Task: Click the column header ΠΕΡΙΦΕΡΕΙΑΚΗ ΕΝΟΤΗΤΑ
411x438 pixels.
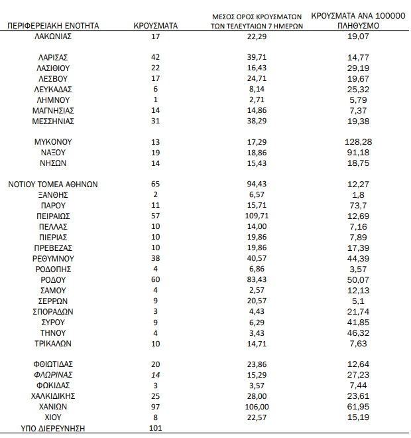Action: pos(53,26)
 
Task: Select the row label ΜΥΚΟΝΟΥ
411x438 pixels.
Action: pos(53,141)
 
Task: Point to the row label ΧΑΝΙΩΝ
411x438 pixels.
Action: pos(53,406)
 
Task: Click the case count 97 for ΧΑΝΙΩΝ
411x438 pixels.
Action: pos(155,406)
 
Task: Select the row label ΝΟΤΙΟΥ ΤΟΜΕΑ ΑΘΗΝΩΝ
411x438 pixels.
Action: pos(53,184)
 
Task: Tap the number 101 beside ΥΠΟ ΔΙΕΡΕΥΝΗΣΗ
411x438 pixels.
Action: pos(155,427)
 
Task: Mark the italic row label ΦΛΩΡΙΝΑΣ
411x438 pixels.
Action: pos(53,374)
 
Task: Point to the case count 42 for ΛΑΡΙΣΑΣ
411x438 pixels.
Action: pos(155,57)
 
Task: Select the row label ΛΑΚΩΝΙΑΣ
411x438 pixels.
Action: pos(53,36)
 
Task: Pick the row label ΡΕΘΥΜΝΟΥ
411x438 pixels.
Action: pos(53,258)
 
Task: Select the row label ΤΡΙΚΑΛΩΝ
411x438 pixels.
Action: pos(53,343)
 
